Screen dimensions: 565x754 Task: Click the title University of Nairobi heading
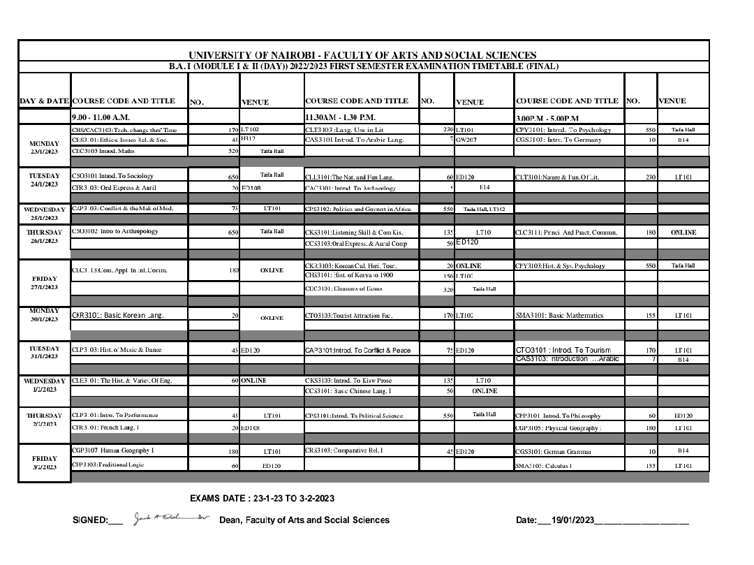(x=362, y=55)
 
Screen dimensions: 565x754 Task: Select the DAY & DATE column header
(x=45, y=101)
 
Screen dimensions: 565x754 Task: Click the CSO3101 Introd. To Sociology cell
(x=113, y=176)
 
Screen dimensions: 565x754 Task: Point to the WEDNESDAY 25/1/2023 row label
(x=45, y=213)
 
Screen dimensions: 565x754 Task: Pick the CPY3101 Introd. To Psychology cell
(x=563, y=130)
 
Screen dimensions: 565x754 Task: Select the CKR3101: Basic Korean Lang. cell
(x=118, y=316)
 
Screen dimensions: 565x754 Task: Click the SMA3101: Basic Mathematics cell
(x=559, y=316)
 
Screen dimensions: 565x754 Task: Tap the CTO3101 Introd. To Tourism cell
(x=563, y=350)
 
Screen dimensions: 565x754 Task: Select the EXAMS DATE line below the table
(x=262, y=498)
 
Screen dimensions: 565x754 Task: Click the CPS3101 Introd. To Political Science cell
(x=354, y=416)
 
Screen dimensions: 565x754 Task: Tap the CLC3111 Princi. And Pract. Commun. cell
(x=566, y=232)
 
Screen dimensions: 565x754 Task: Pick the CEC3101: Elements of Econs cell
(x=344, y=288)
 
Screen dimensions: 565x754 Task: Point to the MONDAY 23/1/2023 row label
(x=45, y=145)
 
